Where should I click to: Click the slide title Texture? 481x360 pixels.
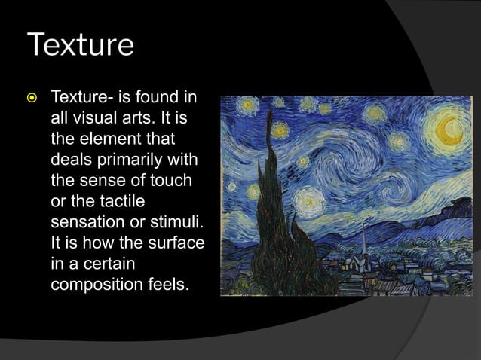(x=80, y=45)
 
